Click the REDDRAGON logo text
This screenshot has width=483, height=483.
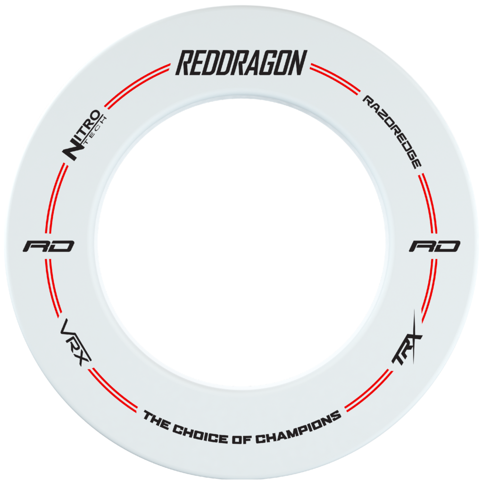pyautogui.click(x=241, y=63)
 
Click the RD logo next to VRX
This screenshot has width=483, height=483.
pyautogui.click(x=49, y=246)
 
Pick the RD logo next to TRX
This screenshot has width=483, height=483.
pyautogui.click(x=434, y=246)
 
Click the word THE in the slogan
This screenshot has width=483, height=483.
pyautogui.click(x=157, y=419)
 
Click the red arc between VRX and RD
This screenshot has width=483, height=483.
pyautogui.click(x=52, y=288)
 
